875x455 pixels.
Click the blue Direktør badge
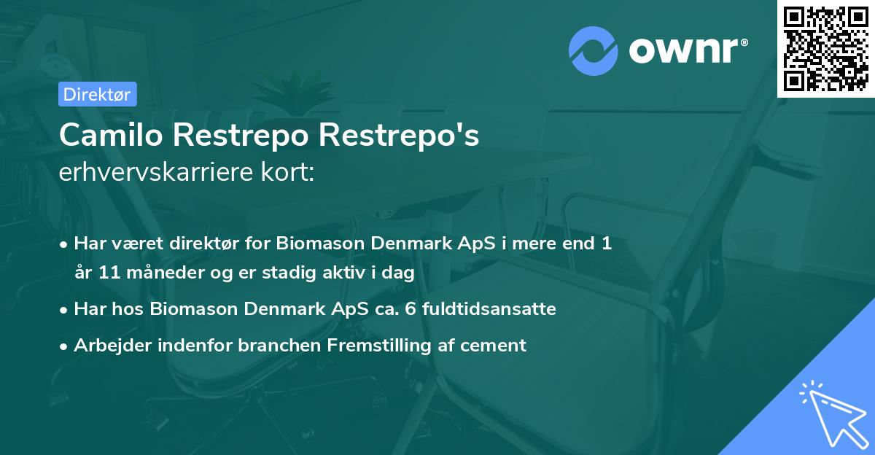tap(98, 94)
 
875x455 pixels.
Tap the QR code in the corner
tap(826, 49)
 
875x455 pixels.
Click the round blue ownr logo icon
tap(593, 51)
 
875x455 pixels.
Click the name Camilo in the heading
tap(111, 135)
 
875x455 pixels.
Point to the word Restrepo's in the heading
tap(399, 136)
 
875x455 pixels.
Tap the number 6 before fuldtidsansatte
tap(410, 309)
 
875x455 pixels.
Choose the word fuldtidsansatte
tap(489, 308)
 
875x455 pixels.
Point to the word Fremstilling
tap(379, 346)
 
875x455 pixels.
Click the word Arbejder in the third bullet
tap(113, 346)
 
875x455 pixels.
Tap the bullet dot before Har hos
tap(63, 311)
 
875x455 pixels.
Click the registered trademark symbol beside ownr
tap(744, 42)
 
